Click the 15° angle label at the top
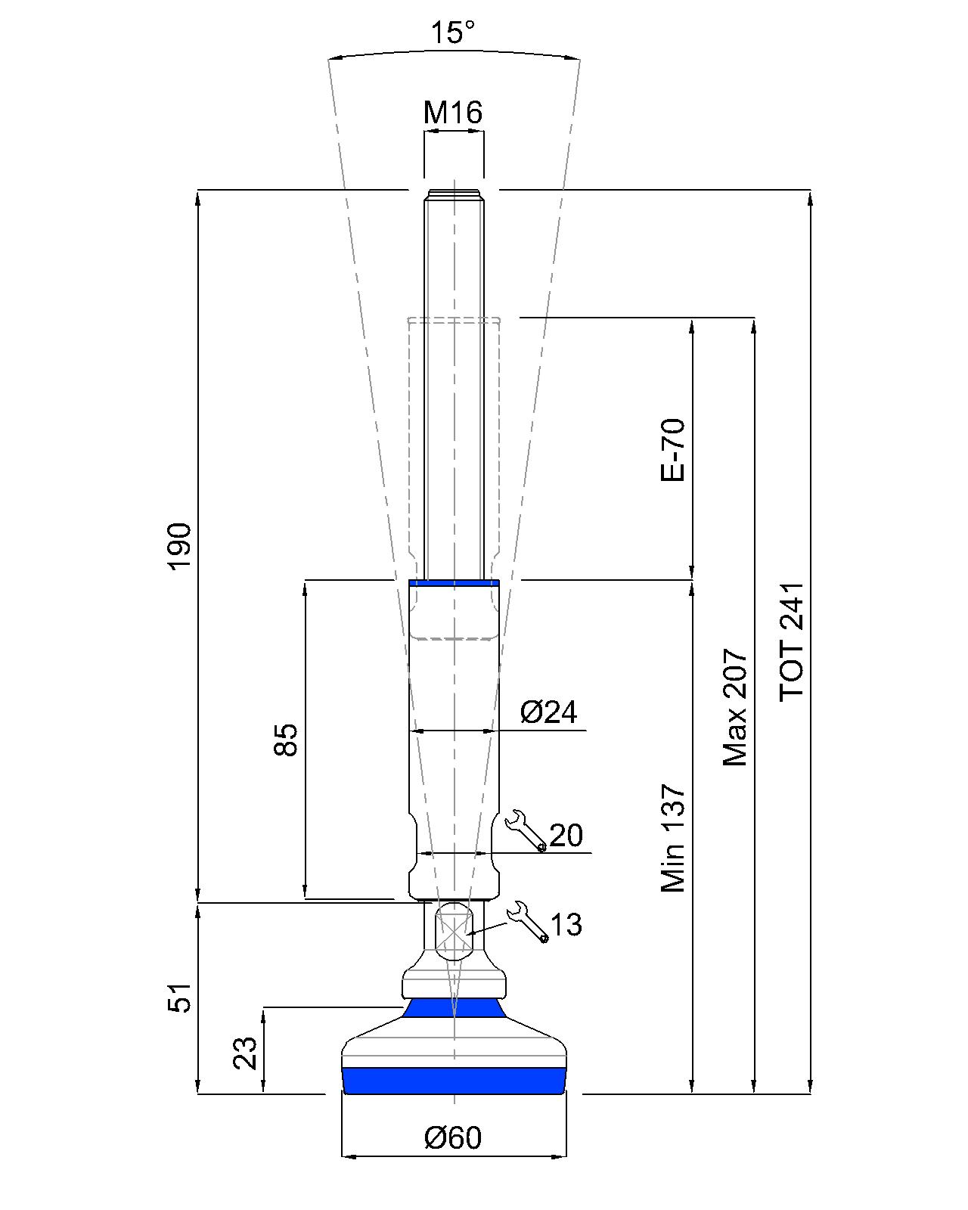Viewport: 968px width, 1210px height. (453, 33)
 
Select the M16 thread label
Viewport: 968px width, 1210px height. (452, 113)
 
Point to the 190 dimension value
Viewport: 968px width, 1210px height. (180, 545)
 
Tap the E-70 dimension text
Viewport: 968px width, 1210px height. (672, 449)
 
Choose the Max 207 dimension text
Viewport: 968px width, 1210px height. (734, 707)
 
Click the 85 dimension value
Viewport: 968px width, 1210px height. (286, 739)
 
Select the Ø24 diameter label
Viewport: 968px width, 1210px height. (548, 712)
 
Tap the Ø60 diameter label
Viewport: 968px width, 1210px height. (453, 1137)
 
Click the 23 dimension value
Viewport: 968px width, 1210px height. (244, 1052)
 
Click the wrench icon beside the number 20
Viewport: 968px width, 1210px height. (525, 830)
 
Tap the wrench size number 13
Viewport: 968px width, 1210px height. (566, 924)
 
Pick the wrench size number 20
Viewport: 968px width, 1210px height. (566, 836)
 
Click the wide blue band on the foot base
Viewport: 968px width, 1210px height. (454, 1081)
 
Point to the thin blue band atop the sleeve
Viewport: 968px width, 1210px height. (454, 582)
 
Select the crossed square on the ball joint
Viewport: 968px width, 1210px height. (454, 932)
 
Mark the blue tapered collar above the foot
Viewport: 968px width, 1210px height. (454, 1008)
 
